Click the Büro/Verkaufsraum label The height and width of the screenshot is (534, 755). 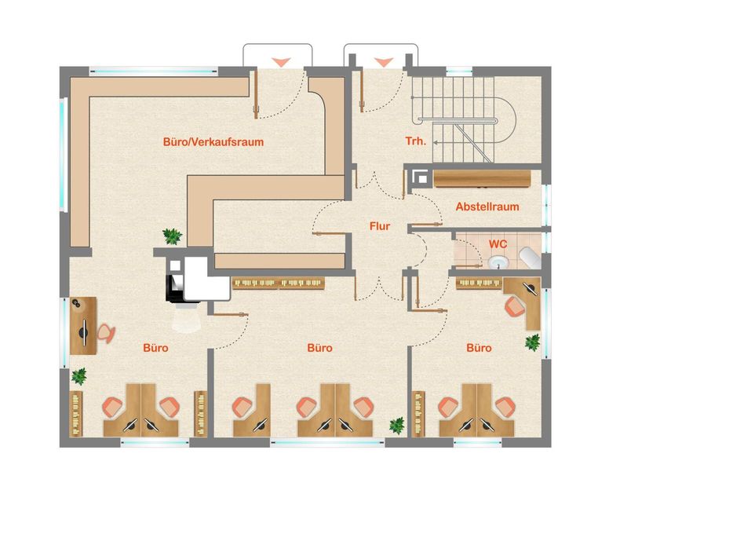(213, 142)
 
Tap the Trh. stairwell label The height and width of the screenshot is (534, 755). (415, 141)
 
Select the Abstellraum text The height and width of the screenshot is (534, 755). (487, 207)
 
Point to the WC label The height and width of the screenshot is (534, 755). (498, 244)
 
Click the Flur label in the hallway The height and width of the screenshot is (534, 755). (380, 226)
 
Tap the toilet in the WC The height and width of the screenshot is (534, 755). (530, 258)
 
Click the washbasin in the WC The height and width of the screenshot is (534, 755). (499, 262)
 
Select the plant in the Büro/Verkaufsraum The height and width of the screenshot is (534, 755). (172, 236)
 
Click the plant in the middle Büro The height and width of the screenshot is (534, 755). (397, 425)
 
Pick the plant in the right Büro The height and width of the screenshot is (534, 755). (532, 342)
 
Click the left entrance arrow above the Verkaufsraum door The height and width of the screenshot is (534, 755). (281, 62)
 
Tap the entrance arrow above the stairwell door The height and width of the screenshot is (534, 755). (384, 62)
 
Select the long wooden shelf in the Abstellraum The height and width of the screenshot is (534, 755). (482, 178)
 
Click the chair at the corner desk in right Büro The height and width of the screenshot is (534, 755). (515, 306)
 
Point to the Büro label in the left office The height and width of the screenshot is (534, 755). (155, 348)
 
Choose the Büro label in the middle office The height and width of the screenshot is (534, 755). (319, 348)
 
